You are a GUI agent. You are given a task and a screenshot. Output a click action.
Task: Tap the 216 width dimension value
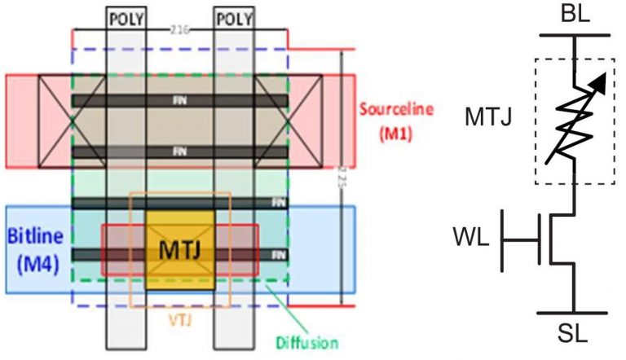click(179, 31)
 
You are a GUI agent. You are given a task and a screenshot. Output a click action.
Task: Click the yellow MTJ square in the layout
click(180, 249)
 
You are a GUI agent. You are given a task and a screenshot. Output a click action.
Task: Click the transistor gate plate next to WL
click(541, 239)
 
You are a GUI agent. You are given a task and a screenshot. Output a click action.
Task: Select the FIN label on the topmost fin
click(179, 100)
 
